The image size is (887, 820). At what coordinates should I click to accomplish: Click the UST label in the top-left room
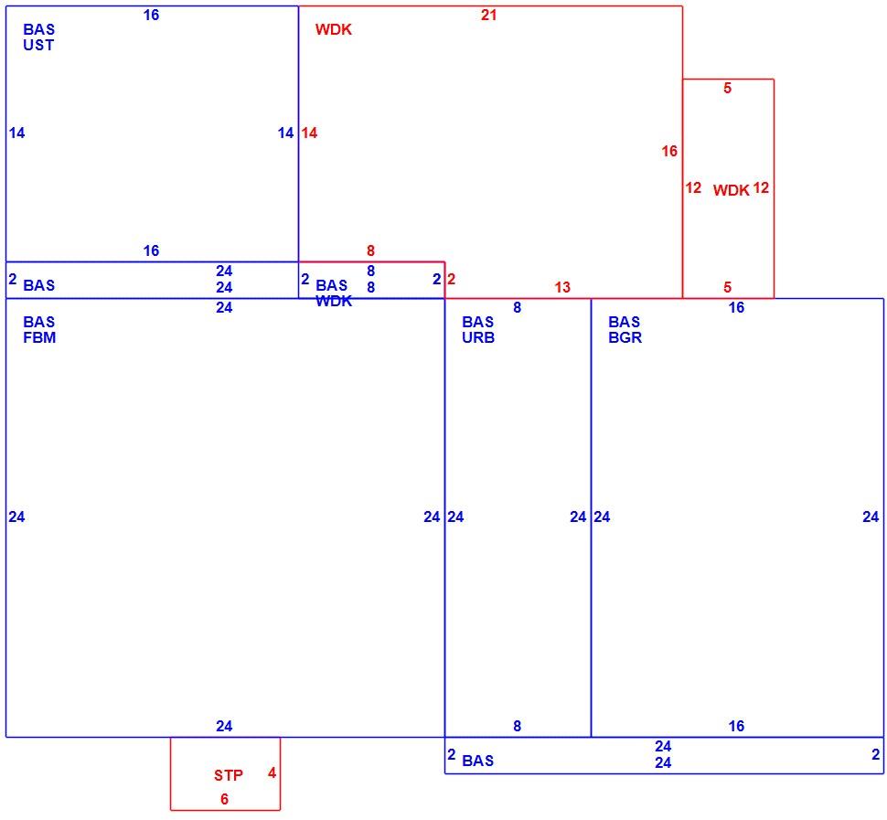click(x=38, y=45)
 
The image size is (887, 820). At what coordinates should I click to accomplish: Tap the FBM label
click(x=39, y=337)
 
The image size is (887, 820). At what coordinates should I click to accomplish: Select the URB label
click(x=478, y=337)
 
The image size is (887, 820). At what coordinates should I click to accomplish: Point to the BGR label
click(x=625, y=337)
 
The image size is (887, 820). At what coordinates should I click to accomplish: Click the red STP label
click(x=229, y=775)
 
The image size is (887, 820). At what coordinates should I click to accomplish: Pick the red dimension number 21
click(x=488, y=16)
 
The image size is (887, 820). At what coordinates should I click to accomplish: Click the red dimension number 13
click(x=562, y=287)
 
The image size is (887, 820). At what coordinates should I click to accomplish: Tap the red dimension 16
click(x=669, y=151)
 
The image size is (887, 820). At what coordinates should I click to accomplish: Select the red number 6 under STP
click(x=225, y=799)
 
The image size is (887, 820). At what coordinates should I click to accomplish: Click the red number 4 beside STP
click(x=273, y=773)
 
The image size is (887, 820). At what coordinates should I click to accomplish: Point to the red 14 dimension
click(x=309, y=133)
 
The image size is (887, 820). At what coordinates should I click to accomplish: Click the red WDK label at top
click(x=334, y=29)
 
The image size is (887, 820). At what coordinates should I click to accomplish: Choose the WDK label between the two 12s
click(x=731, y=190)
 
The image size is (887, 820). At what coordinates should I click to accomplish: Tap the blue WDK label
click(x=334, y=301)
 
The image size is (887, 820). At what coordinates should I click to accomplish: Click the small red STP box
click(x=225, y=738)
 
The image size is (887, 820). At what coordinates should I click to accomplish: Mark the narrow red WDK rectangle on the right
click(x=774, y=188)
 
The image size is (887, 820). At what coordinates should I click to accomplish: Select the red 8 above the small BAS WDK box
click(x=370, y=250)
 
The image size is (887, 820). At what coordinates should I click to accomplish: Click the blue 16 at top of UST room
click(x=151, y=16)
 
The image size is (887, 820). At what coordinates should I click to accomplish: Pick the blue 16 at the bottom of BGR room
click(x=736, y=726)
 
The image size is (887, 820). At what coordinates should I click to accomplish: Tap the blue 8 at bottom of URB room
click(x=517, y=726)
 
